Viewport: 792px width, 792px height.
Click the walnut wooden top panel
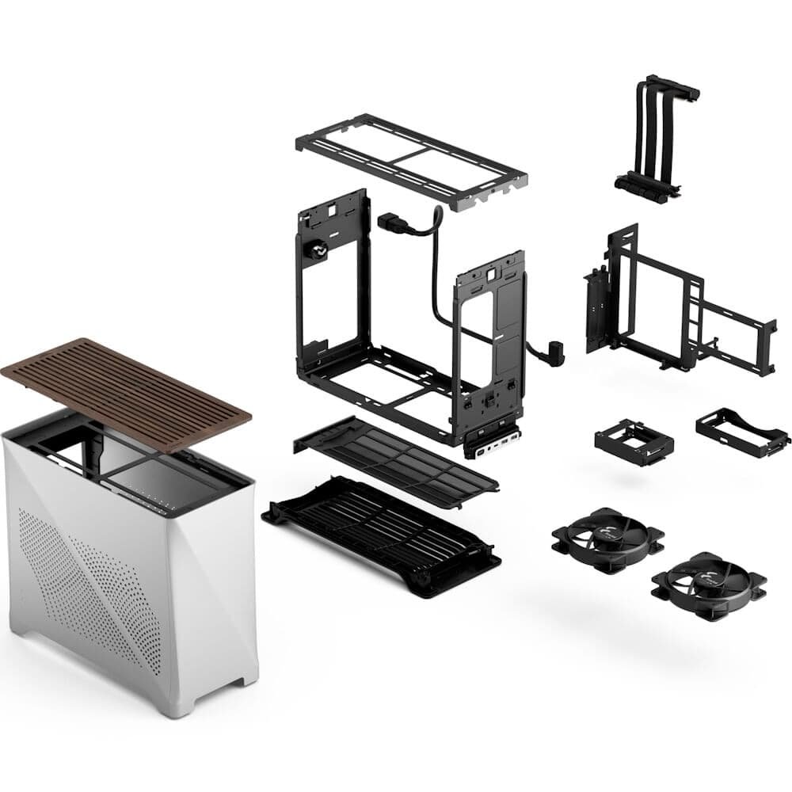[x=127, y=392]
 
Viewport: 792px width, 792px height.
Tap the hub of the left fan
[x=607, y=539]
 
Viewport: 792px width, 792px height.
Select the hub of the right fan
[x=708, y=584]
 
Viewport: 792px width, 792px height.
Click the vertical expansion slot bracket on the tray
[x=595, y=313]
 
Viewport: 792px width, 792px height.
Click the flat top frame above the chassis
[x=412, y=158]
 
